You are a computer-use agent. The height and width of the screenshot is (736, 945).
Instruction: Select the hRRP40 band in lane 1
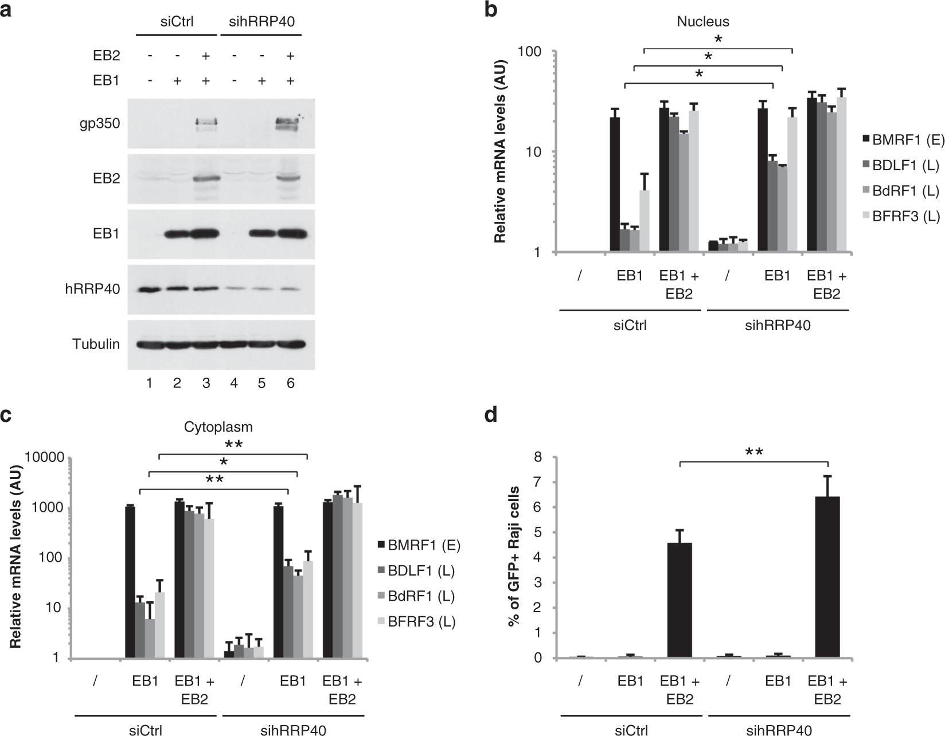click(x=149, y=289)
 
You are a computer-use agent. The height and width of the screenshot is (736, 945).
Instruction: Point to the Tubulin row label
click(x=96, y=344)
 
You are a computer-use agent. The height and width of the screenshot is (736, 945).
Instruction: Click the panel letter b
click(x=491, y=10)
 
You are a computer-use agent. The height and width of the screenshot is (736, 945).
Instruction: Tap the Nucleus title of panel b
click(x=703, y=22)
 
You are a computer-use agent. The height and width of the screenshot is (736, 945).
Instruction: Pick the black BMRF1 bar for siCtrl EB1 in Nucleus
click(x=615, y=183)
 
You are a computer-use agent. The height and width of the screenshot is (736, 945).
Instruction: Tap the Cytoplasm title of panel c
click(x=218, y=427)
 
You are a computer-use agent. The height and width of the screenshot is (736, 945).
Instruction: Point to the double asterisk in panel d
click(x=753, y=452)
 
